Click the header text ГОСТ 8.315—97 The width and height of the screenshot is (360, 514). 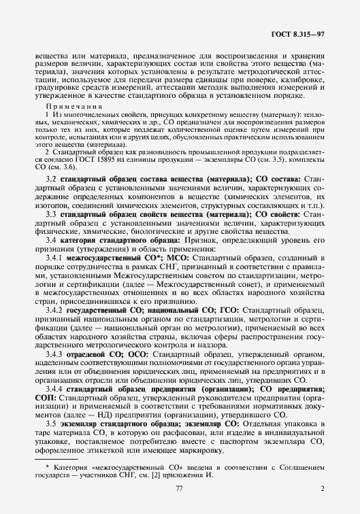[300, 33]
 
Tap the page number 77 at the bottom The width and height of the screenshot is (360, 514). [180, 489]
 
